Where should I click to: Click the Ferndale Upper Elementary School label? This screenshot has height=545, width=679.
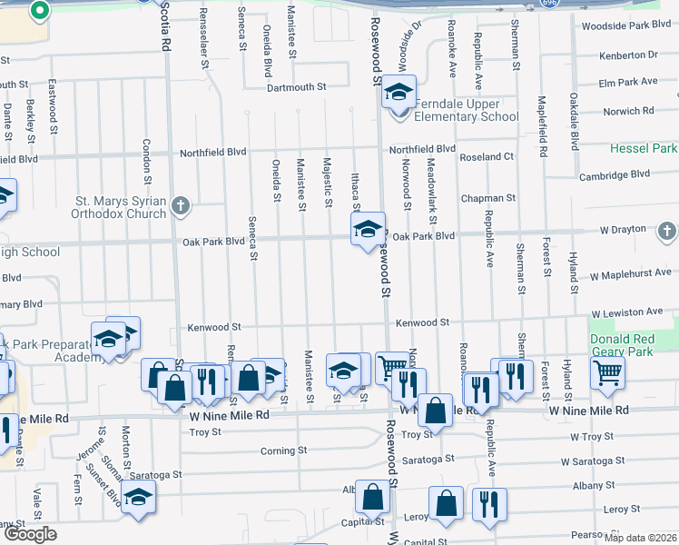(467, 110)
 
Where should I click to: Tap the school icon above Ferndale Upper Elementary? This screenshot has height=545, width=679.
(398, 92)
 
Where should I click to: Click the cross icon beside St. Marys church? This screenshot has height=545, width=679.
(181, 205)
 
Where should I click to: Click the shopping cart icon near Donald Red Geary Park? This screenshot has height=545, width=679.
(606, 372)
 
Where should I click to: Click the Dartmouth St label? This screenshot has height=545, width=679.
(296, 87)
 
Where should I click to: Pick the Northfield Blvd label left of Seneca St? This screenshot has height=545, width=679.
(214, 153)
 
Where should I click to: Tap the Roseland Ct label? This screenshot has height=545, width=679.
(487, 156)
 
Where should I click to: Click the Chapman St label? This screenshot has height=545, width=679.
(487, 197)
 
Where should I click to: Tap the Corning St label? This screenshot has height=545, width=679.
(278, 451)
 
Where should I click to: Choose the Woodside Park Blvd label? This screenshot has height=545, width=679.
(625, 26)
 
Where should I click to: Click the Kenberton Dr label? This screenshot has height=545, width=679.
(628, 54)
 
